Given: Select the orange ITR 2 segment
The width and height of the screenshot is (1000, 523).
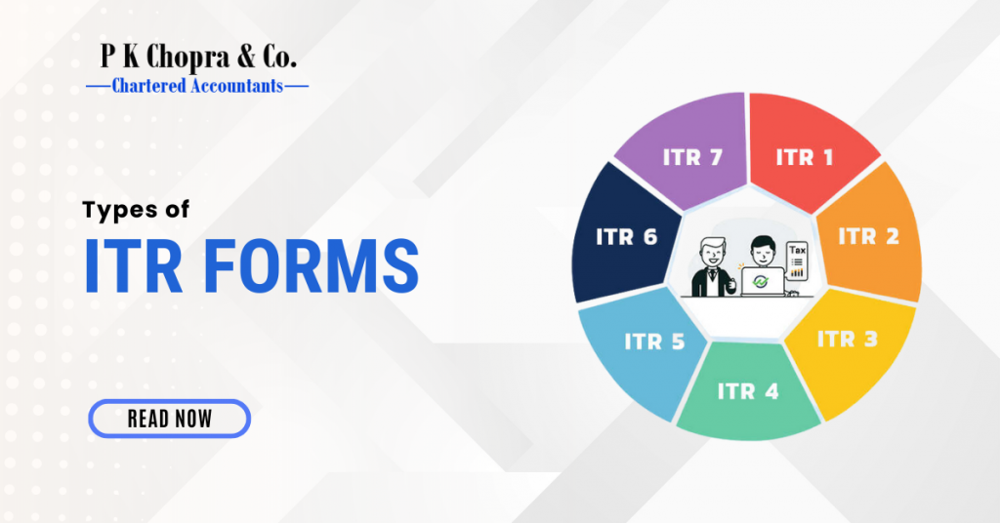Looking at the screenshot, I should click(x=869, y=236).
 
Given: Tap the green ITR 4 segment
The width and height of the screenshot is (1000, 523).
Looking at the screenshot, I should click(x=748, y=392).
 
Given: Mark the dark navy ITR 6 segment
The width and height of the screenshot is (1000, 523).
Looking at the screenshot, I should click(x=625, y=236).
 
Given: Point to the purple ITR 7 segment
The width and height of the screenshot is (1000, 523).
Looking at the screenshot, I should click(x=691, y=156).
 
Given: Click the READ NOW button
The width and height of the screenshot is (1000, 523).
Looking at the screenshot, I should click(x=169, y=419).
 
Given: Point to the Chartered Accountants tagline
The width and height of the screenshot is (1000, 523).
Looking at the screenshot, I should click(x=197, y=86).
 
